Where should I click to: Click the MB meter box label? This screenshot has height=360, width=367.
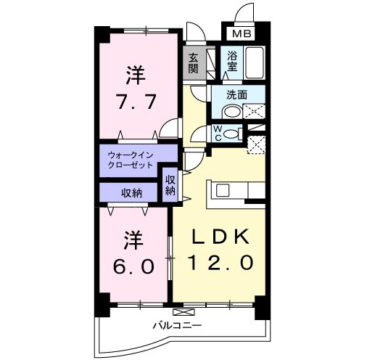(x=242, y=33)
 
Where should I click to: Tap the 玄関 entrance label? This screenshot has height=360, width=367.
(x=193, y=63)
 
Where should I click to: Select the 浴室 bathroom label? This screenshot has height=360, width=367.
(x=232, y=62)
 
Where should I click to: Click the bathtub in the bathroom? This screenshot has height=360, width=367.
(x=254, y=62)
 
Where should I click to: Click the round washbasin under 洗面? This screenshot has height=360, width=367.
(x=231, y=112)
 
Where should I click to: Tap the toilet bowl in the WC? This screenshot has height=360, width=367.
(x=231, y=134)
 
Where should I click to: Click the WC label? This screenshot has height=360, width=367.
(x=218, y=134)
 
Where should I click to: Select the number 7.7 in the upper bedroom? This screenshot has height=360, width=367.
(x=135, y=102)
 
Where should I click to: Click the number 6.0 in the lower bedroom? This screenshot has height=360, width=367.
(x=133, y=266)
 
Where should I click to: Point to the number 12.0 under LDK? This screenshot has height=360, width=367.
(x=220, y=263)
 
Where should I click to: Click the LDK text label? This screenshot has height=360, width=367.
(x=220, y=237)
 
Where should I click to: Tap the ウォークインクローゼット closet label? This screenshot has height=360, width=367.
(x=131, y=160)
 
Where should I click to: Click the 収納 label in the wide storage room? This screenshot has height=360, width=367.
(x=131, y=193)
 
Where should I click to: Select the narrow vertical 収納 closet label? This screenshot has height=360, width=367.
(x=170, y=185)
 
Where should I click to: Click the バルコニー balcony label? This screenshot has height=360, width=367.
(x=177, y=325)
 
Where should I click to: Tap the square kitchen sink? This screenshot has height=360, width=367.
(x=223, y=190)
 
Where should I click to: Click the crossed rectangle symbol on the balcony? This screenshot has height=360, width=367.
(x=183, y=312)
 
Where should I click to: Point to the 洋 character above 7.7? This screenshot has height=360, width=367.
(x=135, y=75)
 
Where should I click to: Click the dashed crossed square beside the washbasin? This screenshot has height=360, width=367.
(x=254, y=111)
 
